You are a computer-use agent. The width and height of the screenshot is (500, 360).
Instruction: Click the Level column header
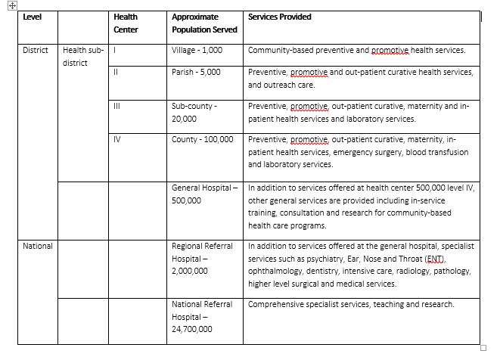32,17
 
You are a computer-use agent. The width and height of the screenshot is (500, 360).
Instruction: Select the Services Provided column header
279,17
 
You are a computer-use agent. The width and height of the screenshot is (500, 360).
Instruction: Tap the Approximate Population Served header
204,23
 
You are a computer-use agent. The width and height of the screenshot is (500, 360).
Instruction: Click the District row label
35,51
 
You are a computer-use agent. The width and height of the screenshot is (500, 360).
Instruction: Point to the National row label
37,246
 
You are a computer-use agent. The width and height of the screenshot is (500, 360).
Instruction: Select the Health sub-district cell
83,57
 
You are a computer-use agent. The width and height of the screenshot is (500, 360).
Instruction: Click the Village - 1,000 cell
202,51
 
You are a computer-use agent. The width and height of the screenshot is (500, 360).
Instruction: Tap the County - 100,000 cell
203,139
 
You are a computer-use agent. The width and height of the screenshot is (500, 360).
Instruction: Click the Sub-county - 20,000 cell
194,112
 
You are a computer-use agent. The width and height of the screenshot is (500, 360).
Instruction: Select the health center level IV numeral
116,139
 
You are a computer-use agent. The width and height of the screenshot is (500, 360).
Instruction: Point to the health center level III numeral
116,106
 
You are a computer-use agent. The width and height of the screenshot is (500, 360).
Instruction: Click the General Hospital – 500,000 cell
203,194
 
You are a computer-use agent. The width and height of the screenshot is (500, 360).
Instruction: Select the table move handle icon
11,5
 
